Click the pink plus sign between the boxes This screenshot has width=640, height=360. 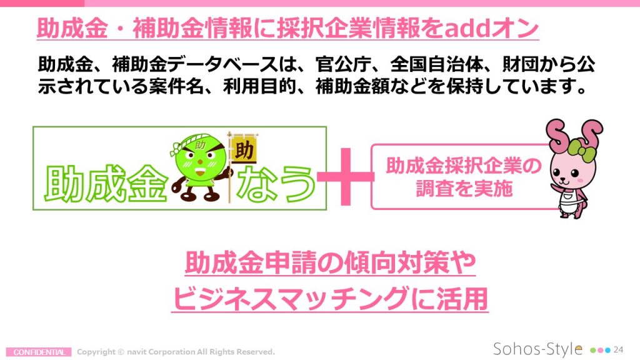click(345, 176)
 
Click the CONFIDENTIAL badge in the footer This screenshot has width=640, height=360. click(39, 352)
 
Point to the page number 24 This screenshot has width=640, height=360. click(618, 350)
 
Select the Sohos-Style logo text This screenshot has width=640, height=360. click(537, 349)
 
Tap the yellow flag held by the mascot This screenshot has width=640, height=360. click(244, 149)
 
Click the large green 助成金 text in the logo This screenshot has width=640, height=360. click(106, 184)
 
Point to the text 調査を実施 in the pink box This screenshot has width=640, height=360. click(464, 189)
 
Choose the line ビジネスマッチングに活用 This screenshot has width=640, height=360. click(330, 298)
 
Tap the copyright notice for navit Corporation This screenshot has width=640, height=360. click(176, 352)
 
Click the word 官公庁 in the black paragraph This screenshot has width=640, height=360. click(343, 64)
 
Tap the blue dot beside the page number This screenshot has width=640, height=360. click(607, 350)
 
